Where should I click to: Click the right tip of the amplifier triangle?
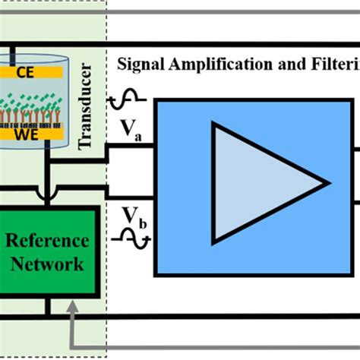pos(327,182)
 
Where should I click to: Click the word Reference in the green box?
pos(47,242)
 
